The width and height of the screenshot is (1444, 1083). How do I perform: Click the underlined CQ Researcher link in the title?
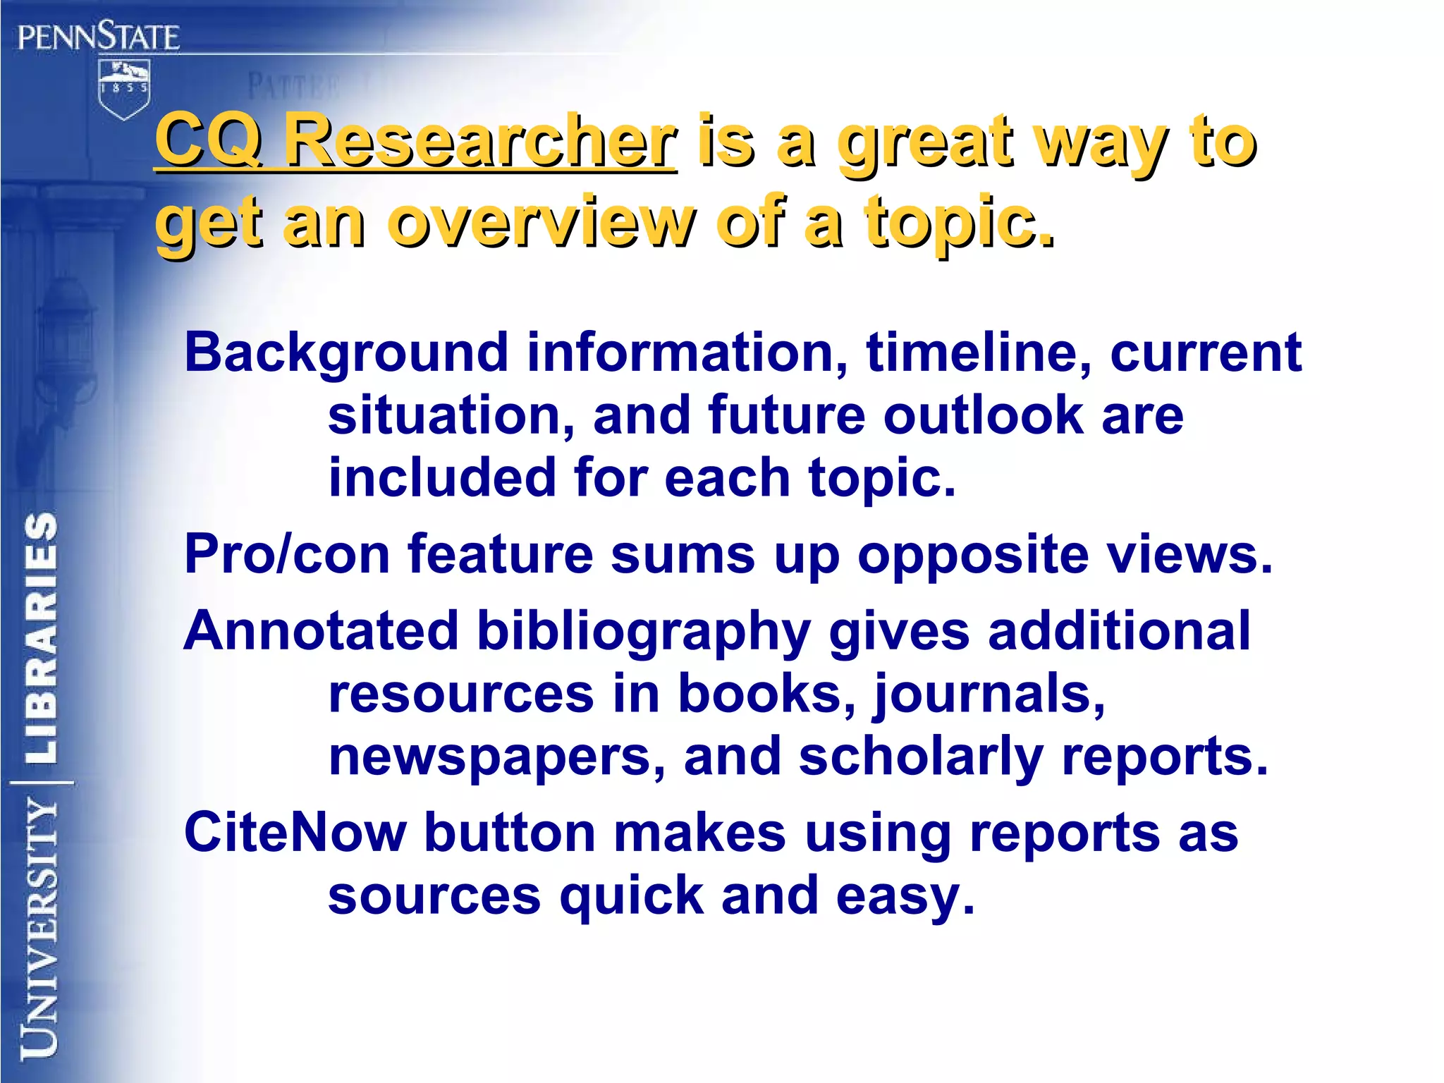pyautogui.click(x=416, y=142)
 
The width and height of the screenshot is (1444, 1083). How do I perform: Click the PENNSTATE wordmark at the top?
pyautogui.click(x=99, y=36)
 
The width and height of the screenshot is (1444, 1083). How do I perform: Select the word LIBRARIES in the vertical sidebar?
pyautogui.click(x=41, y=637)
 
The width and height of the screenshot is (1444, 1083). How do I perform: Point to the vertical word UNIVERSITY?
pyautogui.click(x=39, y=928)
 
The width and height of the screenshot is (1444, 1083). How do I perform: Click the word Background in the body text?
pyautogui.click(x=346, y=353)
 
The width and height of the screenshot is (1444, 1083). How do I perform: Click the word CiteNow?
pyautogui.click(x=295, y=833)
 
